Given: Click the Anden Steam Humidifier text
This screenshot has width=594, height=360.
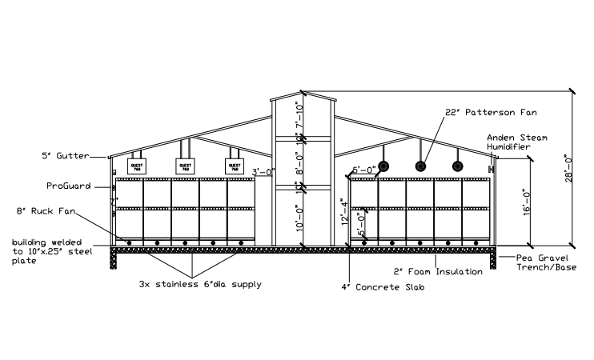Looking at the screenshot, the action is (516, 143).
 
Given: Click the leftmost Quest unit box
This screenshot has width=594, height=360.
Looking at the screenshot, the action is (136, 166).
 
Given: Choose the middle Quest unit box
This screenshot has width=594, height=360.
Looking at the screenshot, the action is (186, 166).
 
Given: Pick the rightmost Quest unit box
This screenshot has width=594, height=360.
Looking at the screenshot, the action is (235, 166).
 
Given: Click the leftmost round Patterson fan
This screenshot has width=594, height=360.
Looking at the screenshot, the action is (383, 166).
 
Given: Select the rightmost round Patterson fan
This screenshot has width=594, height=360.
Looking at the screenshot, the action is (458, 166).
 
